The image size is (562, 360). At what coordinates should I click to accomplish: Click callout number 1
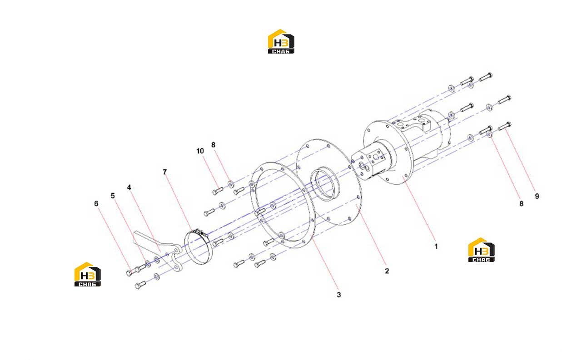pos(436,247)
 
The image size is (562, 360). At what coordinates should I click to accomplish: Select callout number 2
pos(387,271)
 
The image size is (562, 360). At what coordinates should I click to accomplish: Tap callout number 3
pos(339,295)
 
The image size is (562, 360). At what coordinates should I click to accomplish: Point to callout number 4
pos(129,187)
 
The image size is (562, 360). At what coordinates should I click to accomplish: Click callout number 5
pos(113,196)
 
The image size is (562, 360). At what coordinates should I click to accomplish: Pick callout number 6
pos(96,203)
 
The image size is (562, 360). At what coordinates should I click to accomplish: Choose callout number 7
pos(164,172)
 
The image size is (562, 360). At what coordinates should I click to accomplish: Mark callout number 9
pos(537,196)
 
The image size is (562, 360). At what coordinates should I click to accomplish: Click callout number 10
pos(200,151)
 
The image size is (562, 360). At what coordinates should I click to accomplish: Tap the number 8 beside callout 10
pos(213,145)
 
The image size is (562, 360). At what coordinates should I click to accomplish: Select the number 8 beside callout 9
pos(522,203)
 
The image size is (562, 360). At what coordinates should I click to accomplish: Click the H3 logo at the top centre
pos(281,41)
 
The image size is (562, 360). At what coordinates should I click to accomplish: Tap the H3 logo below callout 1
pos(481,250)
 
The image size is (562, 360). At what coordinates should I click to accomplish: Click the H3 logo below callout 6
pos(88,274)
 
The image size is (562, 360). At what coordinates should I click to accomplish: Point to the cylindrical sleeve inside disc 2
pos(325,183)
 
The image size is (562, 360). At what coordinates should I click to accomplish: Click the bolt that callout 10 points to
pos(218,191)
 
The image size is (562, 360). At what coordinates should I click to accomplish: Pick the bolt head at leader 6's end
pos(129,273)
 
